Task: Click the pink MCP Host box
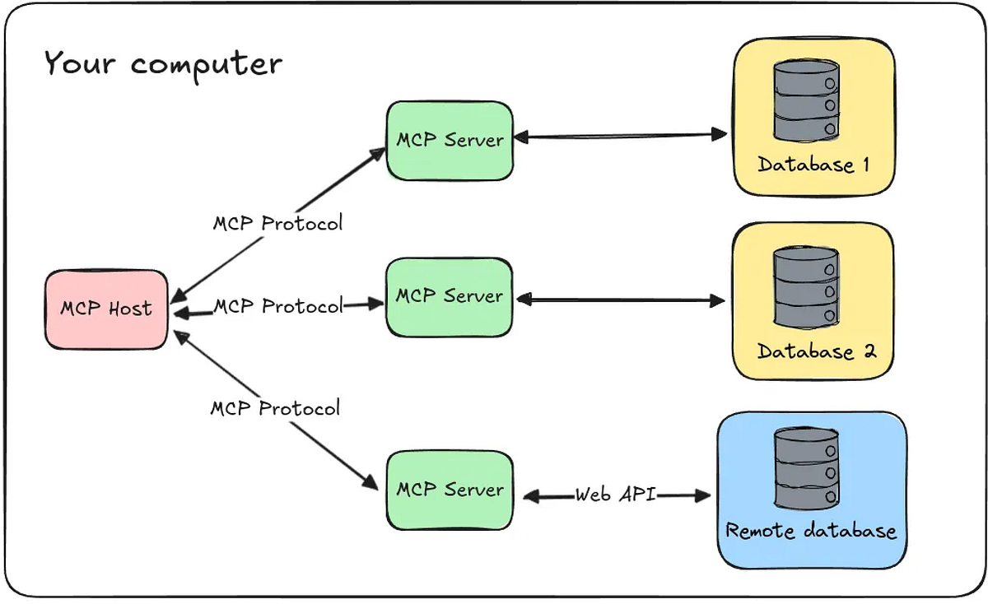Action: (x=105, y=309)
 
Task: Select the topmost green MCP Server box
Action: (x=450, y=140)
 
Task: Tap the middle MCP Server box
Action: (x=450, y=296)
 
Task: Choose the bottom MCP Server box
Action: (x=450, y=490)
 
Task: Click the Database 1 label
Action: (x=813, y=165)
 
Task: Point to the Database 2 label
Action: (x=816, y=352)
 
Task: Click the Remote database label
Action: (x=810, y=531)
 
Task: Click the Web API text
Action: (x=615, y=495)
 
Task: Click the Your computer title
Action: (x=162, y=63)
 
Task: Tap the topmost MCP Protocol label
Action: (x=277, y=223)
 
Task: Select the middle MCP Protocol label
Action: (x=277, y=306)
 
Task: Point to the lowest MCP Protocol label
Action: (x=274, y=408)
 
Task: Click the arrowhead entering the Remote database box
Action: (x=701, y=495)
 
